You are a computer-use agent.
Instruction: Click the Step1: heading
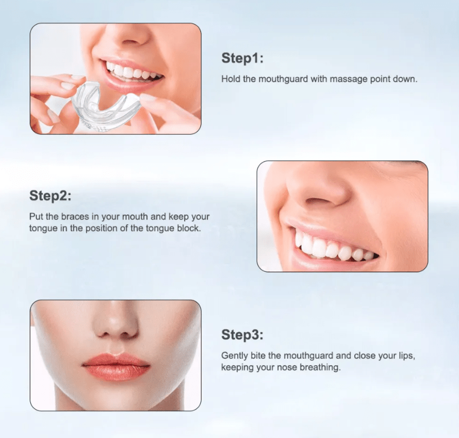pos(242,59)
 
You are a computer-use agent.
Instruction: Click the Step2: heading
pos(50,195)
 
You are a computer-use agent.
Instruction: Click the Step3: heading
pos(242,335)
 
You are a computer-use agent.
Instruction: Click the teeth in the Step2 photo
pos(332,248)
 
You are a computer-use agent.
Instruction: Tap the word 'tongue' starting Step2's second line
pos(42,228)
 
